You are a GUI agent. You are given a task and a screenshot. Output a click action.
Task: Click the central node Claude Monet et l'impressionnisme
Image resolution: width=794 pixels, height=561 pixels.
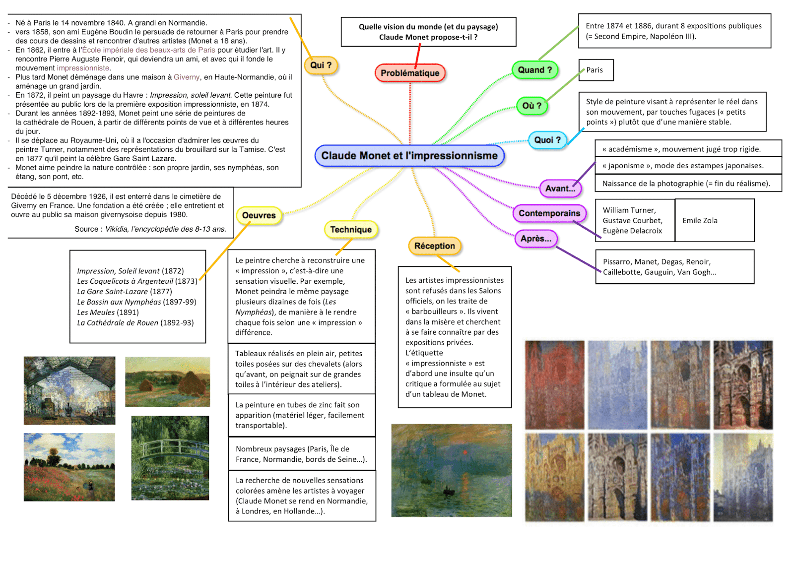click(409, 156)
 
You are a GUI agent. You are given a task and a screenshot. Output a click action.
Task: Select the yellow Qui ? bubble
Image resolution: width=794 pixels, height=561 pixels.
click(321, 65)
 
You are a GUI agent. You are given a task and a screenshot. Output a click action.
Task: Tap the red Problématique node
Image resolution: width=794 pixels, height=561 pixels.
click(410, 73)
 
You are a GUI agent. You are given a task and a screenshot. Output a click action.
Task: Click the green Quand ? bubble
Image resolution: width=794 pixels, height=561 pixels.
click(534, 70)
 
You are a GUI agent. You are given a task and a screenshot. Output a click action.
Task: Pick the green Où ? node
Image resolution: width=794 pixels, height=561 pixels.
click(531, 106)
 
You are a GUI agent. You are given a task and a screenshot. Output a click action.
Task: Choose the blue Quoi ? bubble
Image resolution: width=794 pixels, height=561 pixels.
click(547, 140)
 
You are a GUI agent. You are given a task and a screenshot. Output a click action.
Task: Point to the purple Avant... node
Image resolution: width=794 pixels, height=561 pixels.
click(560, 188)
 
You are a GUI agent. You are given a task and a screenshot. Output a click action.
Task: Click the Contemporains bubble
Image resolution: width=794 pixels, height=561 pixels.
click(549, 213)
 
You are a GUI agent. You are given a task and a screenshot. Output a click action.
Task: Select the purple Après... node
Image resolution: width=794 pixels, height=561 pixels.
click(536, 239)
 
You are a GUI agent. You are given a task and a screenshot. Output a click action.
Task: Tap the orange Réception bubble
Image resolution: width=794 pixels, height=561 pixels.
click(434, 246)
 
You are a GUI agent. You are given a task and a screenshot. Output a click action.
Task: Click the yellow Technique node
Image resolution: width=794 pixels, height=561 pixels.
click(351, 230)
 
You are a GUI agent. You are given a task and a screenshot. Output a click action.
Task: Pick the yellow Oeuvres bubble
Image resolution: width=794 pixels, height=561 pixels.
click(259, 215)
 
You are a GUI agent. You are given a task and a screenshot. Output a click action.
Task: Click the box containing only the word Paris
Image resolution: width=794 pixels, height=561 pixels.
click(595, 70)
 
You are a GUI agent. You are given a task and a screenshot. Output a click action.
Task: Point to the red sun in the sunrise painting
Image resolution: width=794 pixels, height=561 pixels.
click(465, 452)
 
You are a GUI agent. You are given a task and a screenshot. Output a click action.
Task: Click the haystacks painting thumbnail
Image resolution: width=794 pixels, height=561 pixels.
click(167, 382)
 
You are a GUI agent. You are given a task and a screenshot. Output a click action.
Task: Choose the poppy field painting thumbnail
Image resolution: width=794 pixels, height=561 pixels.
click(69, 467)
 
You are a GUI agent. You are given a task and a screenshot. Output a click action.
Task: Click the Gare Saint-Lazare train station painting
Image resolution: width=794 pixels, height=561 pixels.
click(69, 390)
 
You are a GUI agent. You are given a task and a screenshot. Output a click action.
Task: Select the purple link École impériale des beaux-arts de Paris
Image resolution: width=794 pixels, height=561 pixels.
click(149, 50)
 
